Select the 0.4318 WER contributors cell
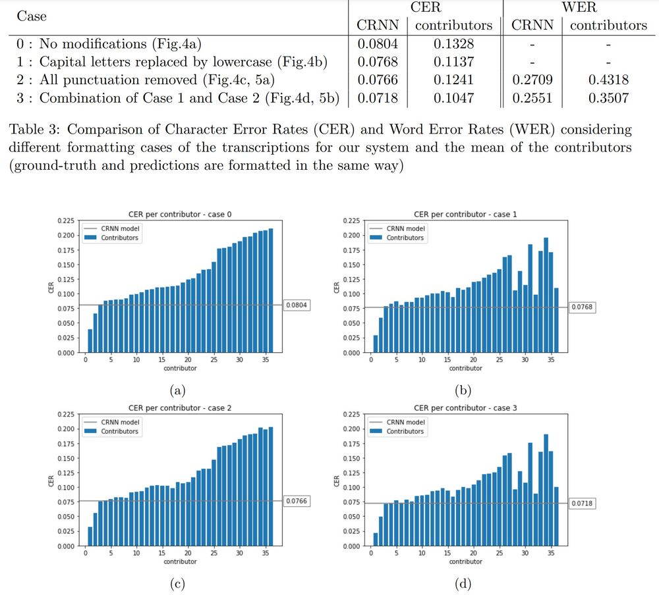(x=608, y=80)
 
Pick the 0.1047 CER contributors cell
(x=454, y=99)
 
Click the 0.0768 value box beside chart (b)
(x=583, y=307)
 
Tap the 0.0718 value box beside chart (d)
(x=583, y=503)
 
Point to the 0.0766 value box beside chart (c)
(x=297, y=501)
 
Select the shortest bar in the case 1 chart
(x=376, y=344)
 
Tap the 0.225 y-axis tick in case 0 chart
(x=66, y=221)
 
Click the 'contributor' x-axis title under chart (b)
(x=465, y=369)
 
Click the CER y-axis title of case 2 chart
(x=52, y=480)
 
